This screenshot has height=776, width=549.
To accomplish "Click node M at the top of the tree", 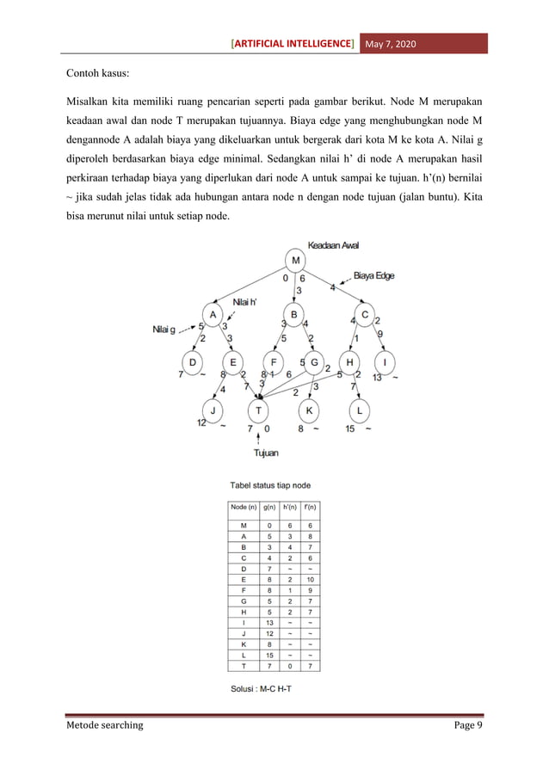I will click(x=297, y=261).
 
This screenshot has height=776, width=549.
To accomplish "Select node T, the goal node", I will click(x=259, y=410).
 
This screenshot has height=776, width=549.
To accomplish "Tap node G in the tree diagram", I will click(x=315, y=361).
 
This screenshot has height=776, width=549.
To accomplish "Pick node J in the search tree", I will click(x=213, y=410).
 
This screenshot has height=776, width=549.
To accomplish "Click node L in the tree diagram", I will click(x=361, y=410).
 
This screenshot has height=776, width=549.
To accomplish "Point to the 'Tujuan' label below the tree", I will click(x=266, y=452).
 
